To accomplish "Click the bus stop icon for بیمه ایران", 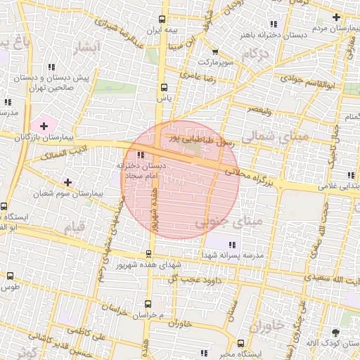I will [x=162, y=20].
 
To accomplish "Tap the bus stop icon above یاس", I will [x=164, y=88].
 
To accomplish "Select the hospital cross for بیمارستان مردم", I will [x=336, y=17].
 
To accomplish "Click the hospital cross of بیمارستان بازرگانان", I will [x=44, y=127].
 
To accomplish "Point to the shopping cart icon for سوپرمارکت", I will [x=214, y=51].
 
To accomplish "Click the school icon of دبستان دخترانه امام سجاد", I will [x=141, y=155].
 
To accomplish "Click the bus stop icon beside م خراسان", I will [x=147, y=304].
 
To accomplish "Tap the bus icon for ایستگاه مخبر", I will [x=241, y=344].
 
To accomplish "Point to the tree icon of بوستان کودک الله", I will [x=345, y=331].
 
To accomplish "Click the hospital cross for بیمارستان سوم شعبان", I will [x=67, y=182].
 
